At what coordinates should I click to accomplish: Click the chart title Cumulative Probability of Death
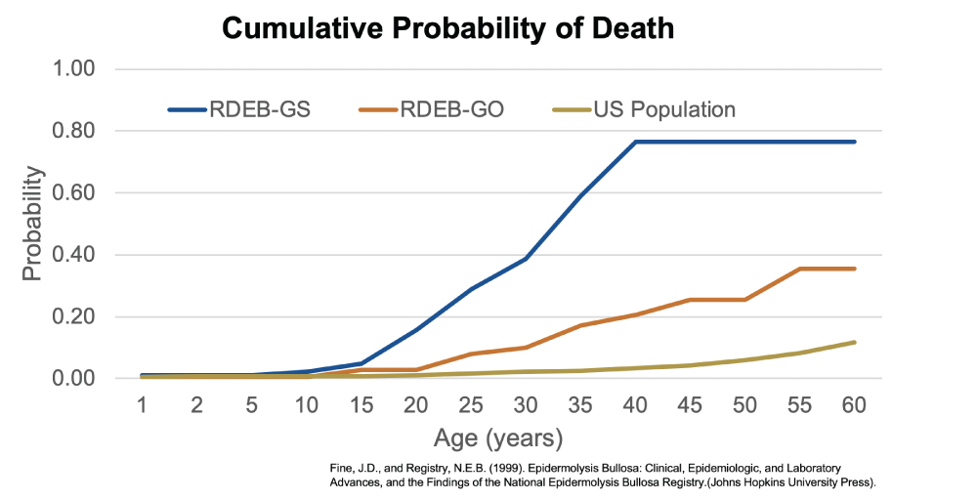pos(447,28)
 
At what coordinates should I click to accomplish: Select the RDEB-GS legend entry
pos(258,109)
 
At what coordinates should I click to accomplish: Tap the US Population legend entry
pos(664,109)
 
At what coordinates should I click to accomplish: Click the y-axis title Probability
pos(33,224)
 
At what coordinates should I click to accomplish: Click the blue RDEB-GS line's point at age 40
pos(636,142)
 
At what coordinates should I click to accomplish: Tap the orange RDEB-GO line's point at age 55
pos(800,269)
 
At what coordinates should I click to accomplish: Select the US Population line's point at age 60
pos(855,342)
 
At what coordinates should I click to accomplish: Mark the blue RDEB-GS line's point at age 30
pos(526,259)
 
